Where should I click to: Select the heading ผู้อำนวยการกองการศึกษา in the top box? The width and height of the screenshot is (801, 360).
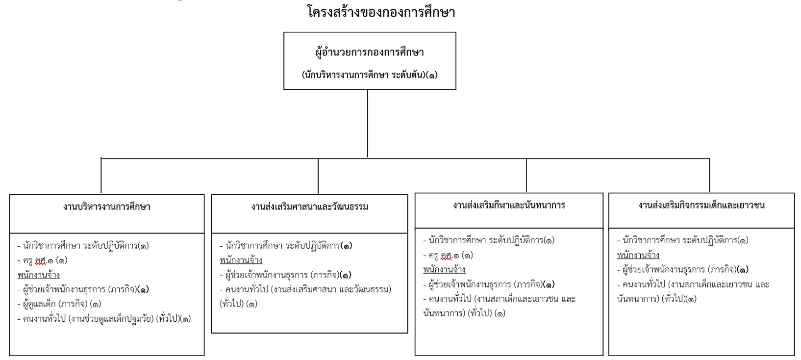click(370, 52)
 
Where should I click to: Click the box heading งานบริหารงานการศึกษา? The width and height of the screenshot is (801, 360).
click(106, 207)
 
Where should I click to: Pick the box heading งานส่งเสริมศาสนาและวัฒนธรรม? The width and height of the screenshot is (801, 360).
click(310, 207)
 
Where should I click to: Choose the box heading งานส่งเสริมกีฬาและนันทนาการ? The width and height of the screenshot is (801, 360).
click(509, 206)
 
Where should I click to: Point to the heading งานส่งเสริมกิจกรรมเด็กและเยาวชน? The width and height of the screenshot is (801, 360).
click(701, 206)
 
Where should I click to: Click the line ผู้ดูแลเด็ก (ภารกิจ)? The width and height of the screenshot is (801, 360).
click(59, 304)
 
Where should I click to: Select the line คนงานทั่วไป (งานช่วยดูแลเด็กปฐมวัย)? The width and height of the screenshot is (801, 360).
click(104, 318)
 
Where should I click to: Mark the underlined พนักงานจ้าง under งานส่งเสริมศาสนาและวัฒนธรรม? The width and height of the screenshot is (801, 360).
click(241, 260)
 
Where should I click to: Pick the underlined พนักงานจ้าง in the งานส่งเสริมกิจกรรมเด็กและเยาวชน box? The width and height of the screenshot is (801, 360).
click(638, 255)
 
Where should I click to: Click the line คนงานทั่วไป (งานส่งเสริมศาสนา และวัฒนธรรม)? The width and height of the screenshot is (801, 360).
click(306, 297)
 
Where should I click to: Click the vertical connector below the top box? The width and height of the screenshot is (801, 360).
click(367, 124)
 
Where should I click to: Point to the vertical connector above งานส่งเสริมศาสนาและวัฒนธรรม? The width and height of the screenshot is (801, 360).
click(318, 176)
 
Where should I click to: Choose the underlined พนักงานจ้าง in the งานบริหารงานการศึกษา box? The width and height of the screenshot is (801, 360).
click(39, 275)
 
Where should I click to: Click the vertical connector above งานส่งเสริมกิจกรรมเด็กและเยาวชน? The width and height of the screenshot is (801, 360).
click(709, 176)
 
